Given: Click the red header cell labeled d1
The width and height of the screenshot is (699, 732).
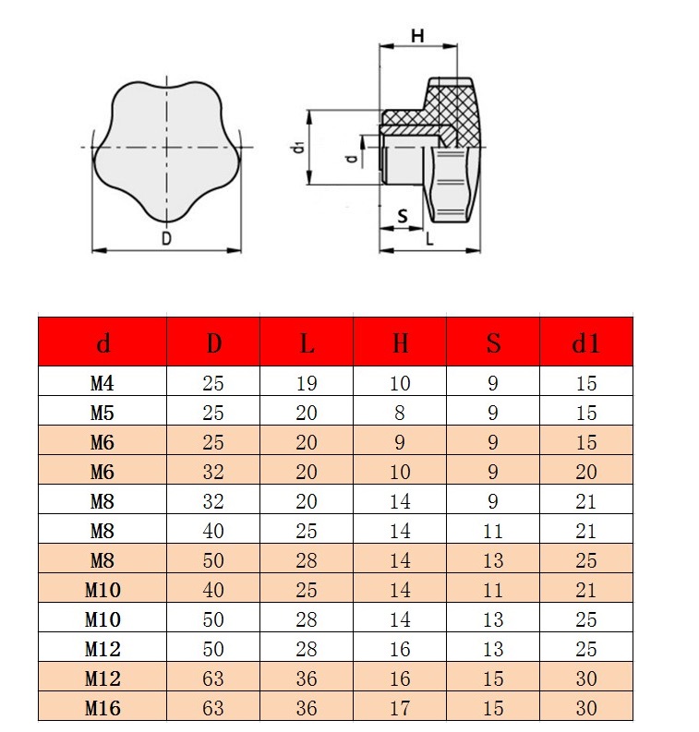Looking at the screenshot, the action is tap(586, 342).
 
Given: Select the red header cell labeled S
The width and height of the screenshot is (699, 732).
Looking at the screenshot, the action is tap(493, 342).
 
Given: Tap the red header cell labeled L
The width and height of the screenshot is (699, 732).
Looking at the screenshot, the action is tap(307, 342).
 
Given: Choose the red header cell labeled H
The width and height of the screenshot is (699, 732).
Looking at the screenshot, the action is tap(400, 342).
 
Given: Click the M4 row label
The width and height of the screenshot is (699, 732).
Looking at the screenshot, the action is tap(102, 383).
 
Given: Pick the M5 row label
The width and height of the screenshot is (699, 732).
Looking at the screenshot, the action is tap(102, 413).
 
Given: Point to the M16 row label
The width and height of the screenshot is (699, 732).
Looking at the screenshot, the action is tap(102, 708).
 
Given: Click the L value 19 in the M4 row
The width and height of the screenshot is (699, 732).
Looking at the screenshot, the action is tap(307, 383).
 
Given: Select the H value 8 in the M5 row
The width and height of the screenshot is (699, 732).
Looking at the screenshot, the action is tap(400, 413).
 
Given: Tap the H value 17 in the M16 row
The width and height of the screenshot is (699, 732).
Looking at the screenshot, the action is tap(400, 708).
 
